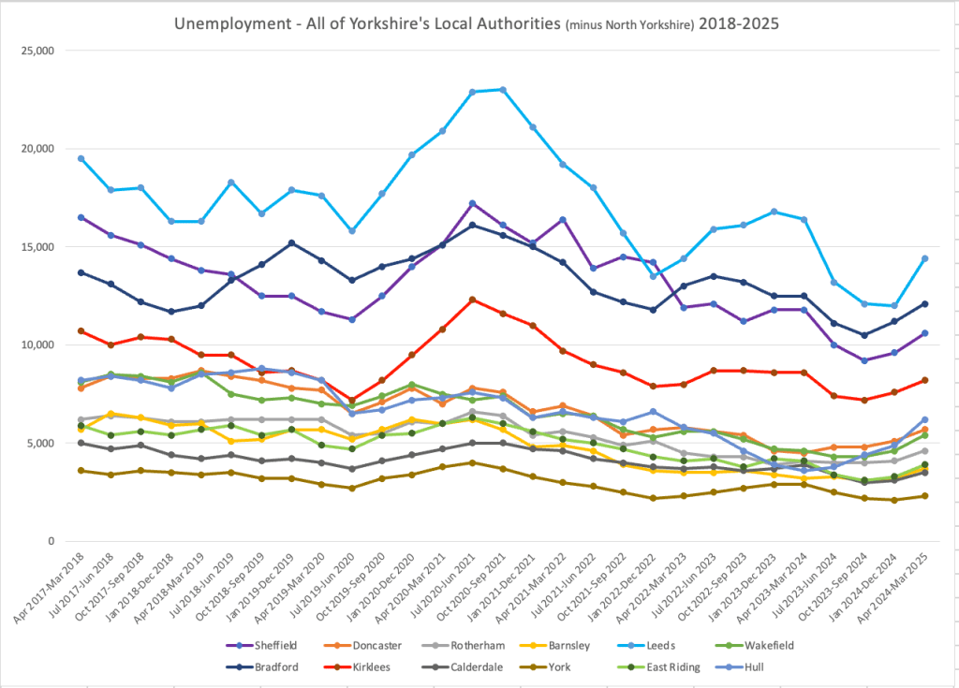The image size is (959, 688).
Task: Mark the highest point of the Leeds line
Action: tap(503, 90)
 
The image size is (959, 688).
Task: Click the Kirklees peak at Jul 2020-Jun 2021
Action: tap(472, 300)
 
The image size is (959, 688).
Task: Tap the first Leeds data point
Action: tap(81, 158)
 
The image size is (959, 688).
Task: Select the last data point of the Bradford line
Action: tap(924, 303)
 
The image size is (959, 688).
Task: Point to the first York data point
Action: tap(81, 470)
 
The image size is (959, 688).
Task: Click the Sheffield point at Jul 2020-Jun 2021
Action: tap(472, 203)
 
